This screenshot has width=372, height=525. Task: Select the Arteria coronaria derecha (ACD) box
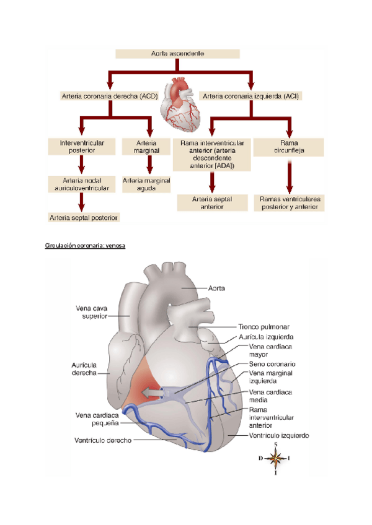pyautogui.click(x=110, y=96)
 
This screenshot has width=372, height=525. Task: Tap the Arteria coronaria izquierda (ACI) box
pyautogui.click(x=252, y=96)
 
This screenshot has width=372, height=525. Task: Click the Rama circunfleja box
pyautogui.click(x=289, y=147)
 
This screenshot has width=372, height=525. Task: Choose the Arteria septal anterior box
pyautogui.click(x=211, y=203)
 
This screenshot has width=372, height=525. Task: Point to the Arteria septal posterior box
pyautogui.click(x=84, y=217)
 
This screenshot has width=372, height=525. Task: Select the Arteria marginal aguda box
pyautogui.click(x=146, y=184)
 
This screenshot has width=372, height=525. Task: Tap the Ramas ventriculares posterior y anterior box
pyautogui.click(x=289, y=203)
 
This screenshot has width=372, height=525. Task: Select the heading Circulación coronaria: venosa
pyautogui.click(x=85, y=246)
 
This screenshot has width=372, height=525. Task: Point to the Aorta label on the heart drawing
pyautogui.click(x=218, y=288)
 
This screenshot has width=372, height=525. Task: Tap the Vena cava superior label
pyautogui.click(x=92, y=311)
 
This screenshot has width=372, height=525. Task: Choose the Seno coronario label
pyautogui.click(x=272, y=364)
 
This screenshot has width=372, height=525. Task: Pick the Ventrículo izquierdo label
pyautogui.click(x=278, y=436)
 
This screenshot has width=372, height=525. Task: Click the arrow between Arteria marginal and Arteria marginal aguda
pyautogui.click(x=149, y=164)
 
